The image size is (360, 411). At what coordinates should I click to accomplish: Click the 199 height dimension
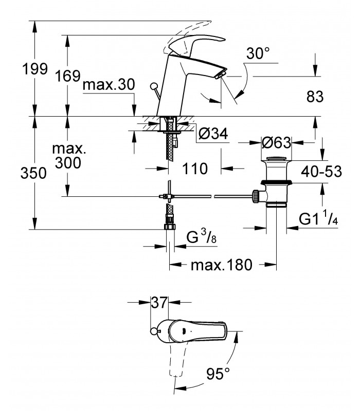click(x=35, y=69)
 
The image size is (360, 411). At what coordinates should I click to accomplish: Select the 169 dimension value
click(x=67, y=76)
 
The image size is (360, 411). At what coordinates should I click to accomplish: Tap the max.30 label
click(x=109, y=85)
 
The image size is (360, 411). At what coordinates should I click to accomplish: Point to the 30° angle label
click(x=258, y=53)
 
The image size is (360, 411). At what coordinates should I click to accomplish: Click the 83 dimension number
click(x=315, y=97)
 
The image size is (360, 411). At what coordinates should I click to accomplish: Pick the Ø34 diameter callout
click(x=213, y=134)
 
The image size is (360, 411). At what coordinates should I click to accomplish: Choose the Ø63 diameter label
click(x=276, y=143)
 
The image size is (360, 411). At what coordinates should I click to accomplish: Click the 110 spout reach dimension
click(x=195, y=169)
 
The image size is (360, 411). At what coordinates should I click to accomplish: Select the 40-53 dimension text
click(x=321, y=172)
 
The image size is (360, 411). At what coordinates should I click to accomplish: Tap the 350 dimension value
click(x=33, y=173)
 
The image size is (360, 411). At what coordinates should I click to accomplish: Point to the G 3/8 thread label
click(x=202, y=236)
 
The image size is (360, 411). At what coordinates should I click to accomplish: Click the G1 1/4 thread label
click(x=318, y=218)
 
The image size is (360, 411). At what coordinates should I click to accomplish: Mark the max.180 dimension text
click(x=222, y=265)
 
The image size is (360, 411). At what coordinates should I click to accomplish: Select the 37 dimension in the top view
click(x=159, y=303)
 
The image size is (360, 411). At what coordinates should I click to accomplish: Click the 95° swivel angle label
click(x=218, y=373)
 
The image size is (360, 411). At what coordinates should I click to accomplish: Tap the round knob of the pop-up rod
click(x=153, y=86)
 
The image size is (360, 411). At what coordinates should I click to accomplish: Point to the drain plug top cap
click(x=276, y=159)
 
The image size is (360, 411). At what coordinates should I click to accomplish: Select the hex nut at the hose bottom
click(x=170, y=227)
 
